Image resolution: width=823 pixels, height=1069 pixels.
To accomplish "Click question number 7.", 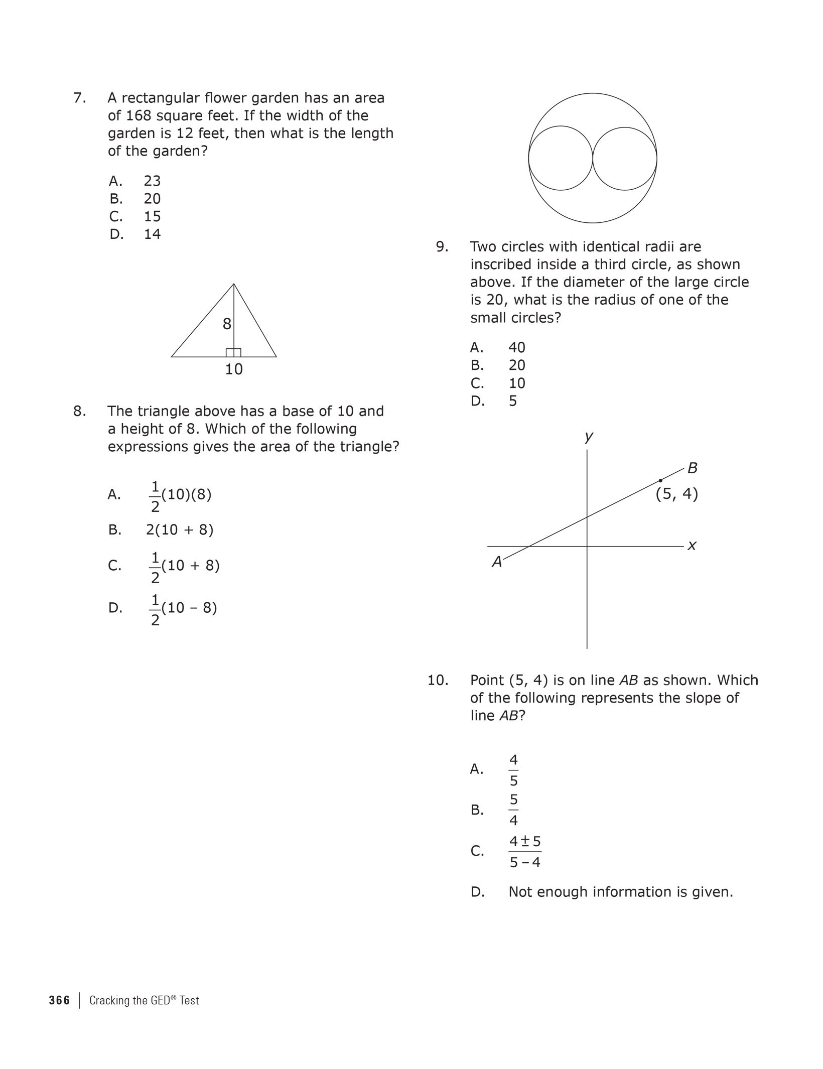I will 79,98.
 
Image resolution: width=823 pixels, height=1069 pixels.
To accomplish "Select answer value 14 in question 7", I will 152,234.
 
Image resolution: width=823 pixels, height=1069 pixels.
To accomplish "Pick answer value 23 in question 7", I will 152,181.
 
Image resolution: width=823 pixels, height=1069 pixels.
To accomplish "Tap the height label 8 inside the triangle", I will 227,324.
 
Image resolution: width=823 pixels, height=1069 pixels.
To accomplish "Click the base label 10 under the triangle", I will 234,369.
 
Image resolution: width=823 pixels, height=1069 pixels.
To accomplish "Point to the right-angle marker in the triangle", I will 233,353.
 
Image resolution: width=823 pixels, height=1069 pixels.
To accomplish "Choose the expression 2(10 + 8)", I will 180,530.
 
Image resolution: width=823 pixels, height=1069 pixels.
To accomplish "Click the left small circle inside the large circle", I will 561,158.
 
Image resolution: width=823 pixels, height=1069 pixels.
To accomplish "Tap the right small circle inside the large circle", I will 625,158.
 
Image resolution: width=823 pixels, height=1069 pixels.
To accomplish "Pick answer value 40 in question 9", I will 517,347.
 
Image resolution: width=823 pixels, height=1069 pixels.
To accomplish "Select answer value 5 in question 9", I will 512,401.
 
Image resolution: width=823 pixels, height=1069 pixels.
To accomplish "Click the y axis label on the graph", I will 589,436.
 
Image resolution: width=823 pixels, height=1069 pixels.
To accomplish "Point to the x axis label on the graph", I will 692,546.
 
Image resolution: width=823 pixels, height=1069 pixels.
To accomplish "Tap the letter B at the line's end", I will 693,468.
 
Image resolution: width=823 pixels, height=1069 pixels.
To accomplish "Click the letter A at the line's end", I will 497,562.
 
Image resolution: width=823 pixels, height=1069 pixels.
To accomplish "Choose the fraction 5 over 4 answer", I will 513,810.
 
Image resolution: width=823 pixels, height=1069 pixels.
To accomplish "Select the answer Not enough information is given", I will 620,892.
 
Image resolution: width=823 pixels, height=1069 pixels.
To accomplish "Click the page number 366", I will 59,1001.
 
